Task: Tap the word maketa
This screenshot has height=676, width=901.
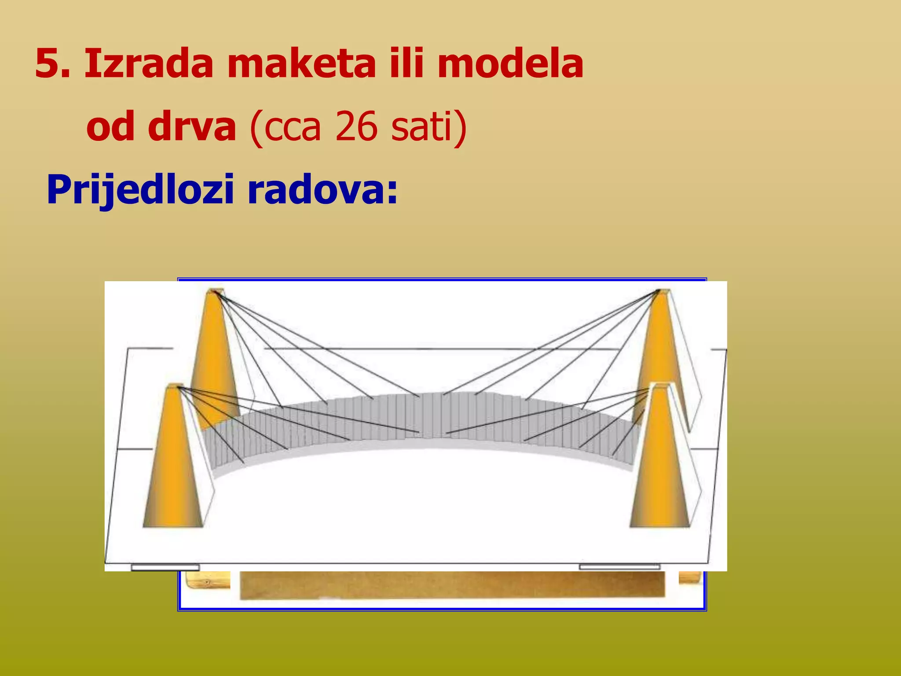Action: point(302,64)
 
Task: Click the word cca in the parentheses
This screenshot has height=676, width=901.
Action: point(292,128)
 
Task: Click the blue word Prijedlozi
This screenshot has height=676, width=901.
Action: point(140,190)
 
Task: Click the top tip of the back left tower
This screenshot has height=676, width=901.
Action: point(216,291)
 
